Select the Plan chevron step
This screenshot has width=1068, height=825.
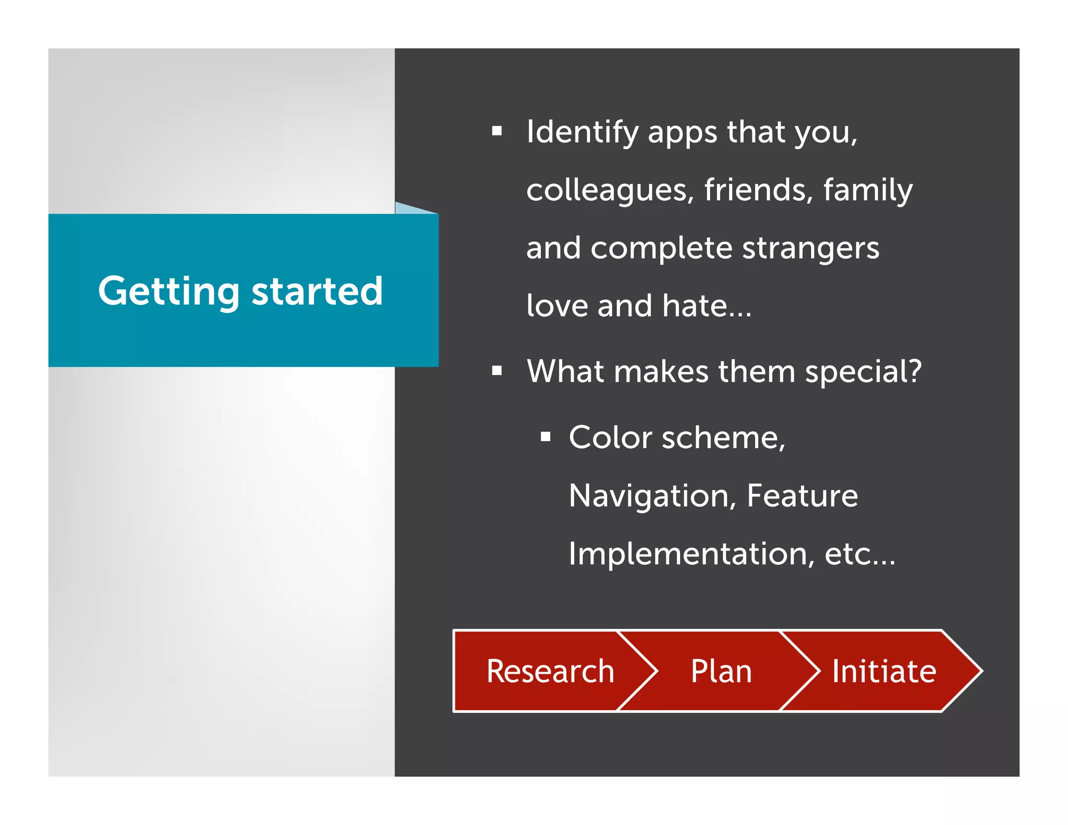(x=721, y=671)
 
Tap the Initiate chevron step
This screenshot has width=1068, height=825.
(x=883, y=671)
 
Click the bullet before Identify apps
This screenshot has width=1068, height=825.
(x=496, y=131)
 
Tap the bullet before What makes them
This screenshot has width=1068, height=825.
(x=496, y=371)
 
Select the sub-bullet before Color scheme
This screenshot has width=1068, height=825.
(x=545, y=436)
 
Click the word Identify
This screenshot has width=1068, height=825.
(x=582, y=132)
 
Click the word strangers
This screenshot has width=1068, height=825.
(x=810, y=248)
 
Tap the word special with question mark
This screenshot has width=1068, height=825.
(x=863, y=372)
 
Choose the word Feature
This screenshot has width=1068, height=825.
(x=802, y=495)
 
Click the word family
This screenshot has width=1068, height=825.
(x=868, y=190)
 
